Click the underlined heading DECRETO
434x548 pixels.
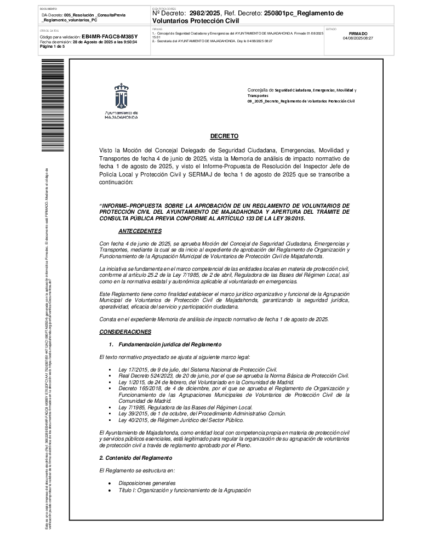coord(224,135)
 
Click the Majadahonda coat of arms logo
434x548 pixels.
coord(121,96)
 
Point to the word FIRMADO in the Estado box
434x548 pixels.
coord(358,33)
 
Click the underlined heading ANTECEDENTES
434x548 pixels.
coord(140,231)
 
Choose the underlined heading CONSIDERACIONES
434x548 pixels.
coord(125,332)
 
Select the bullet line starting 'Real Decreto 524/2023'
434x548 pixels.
coord(233,375)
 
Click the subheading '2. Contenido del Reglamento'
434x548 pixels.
coord(135,458)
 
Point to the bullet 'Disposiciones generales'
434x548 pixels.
coord(147,483)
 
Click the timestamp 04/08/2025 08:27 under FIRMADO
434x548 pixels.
coord(358,38)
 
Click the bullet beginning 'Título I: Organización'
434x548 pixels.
coord(184,490)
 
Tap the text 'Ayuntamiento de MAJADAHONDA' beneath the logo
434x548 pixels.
coord(121,115)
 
